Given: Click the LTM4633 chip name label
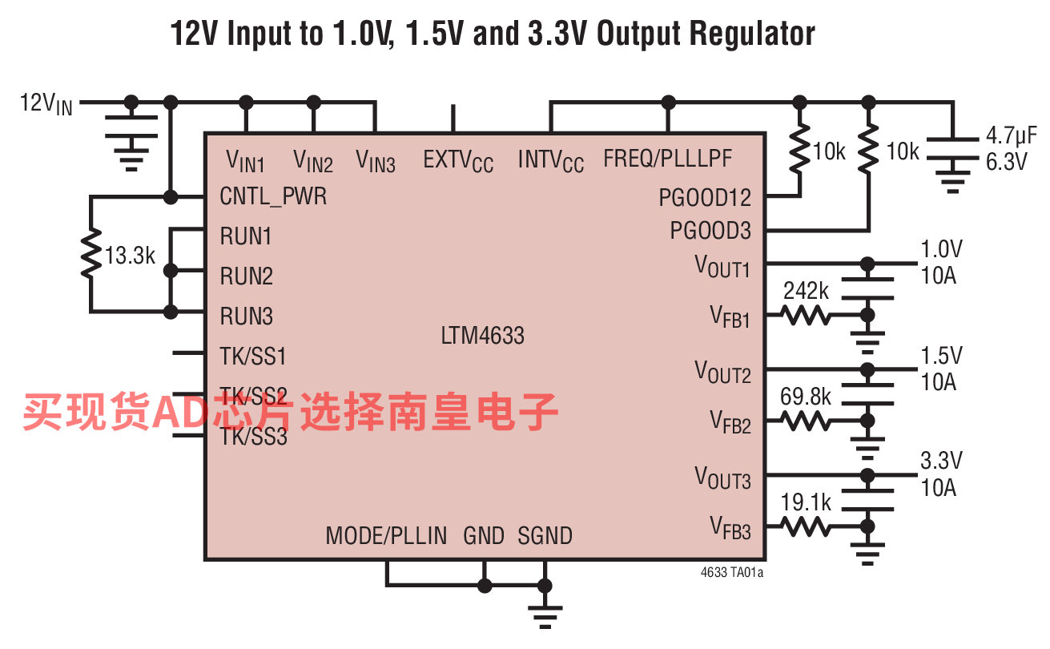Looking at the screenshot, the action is (x=482, y=336).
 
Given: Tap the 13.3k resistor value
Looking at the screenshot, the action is (x=130, y=256).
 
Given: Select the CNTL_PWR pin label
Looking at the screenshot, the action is (x=273, y=196).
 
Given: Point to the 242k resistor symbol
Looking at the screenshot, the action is (x=806, y=315).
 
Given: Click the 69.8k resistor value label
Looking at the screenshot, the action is (x=805, y=397).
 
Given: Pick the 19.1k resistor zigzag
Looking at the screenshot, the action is (x=806, y=526).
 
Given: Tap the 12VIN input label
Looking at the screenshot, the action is (x=46, y=103).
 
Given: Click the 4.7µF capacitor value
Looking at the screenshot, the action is (x=1011, y=135).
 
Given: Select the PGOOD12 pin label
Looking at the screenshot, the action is (x=705, y=198).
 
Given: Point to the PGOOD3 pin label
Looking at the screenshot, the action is (x=710, y=231).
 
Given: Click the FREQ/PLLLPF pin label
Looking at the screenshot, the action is (x=667, y=159).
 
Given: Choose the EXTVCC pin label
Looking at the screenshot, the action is (x=458, y=161).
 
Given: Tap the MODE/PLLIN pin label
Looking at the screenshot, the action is (x=386, y=536).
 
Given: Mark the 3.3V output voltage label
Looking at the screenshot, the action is (x=941, y=461).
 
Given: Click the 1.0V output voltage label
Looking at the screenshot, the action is (x=941, y=249).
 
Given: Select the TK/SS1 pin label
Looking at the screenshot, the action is (x=253, y=357).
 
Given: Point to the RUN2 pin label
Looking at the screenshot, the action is (x=247, y=276).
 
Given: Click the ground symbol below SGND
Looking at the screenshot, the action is (x=545, y=617).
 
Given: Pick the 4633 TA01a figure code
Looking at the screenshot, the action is (x=732, y=573).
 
